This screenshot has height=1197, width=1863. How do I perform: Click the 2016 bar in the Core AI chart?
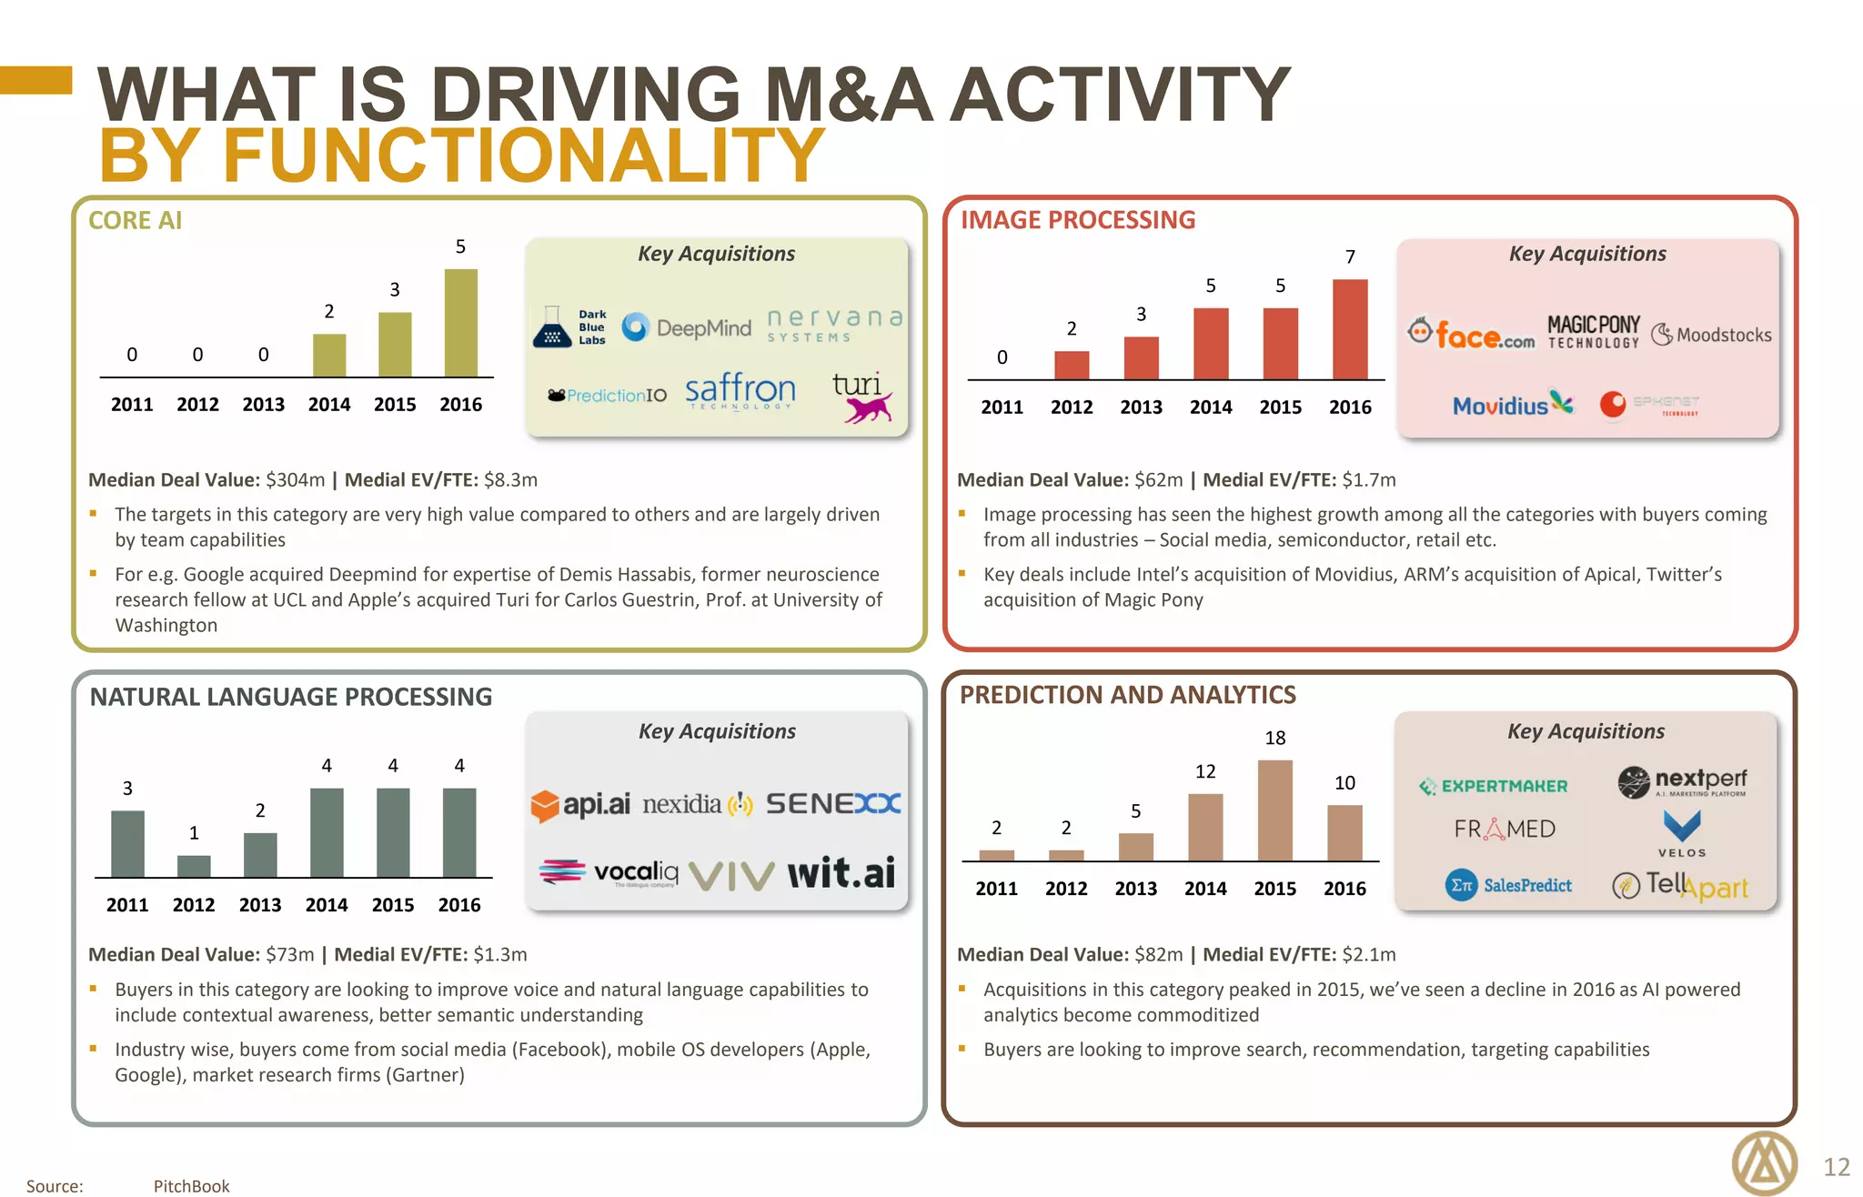(460, 323)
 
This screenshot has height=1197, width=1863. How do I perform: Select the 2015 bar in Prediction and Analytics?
(1274, 810)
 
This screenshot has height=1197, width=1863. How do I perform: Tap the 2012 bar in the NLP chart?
(194, 866)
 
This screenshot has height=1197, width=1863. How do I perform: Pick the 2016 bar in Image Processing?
(1350, 329)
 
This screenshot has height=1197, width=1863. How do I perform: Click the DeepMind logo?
(688, 327)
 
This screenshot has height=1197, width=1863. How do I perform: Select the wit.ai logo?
(841, 873)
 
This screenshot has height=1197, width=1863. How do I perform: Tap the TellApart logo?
(1680, 885)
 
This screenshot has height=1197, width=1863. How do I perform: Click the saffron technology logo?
(740, 391)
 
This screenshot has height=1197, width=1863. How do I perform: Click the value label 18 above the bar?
(1274, 738)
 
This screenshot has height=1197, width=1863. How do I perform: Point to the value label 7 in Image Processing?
(1350, 257)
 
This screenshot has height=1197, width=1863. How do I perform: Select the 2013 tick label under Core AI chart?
(263, 405)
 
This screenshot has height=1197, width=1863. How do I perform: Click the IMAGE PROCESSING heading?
(1078, 220)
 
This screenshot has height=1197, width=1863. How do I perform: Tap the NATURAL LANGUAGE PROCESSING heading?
(290, 697)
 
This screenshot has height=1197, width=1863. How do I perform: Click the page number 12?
(1837, 1167)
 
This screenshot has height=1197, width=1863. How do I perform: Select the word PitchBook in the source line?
(191, 1186)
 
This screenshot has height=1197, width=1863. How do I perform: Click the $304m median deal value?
(295, 479)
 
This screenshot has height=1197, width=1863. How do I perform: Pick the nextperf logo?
(1682, 781)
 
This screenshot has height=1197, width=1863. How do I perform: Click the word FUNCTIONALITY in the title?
(524, 156)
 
